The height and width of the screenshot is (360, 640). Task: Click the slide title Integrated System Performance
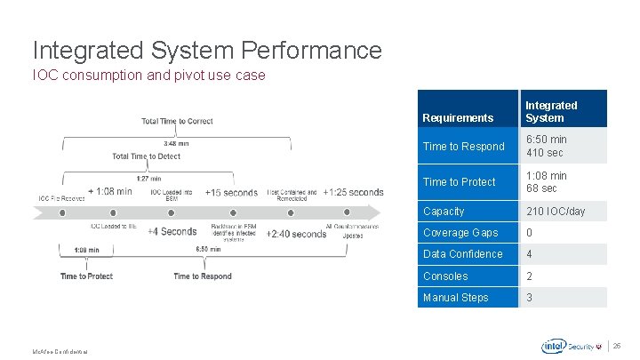point(207,50)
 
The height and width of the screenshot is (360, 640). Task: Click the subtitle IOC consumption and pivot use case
point(148,75)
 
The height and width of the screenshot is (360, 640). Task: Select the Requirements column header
point(458,117)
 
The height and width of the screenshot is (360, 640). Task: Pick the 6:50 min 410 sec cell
point(546,146)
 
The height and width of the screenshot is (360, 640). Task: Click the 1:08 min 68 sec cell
point(546,181)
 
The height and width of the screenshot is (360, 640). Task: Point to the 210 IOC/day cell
point(556,212)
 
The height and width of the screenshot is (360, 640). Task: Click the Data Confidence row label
point(462,254)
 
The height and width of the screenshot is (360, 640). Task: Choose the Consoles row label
point(445,276)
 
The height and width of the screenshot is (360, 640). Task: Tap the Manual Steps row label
point(455,298)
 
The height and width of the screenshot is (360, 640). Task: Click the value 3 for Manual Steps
point(530,298)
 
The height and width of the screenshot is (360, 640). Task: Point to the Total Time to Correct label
point(177,121)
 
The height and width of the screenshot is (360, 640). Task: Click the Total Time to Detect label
point(146,156)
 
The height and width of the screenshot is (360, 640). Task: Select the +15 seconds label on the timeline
point(231,192)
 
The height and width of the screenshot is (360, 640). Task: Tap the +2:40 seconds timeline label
point(296,234)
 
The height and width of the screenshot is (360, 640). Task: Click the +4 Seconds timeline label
point(172,232)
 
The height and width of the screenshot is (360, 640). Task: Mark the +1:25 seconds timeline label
point(353,192)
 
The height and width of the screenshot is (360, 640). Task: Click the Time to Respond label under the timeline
point(203,276)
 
